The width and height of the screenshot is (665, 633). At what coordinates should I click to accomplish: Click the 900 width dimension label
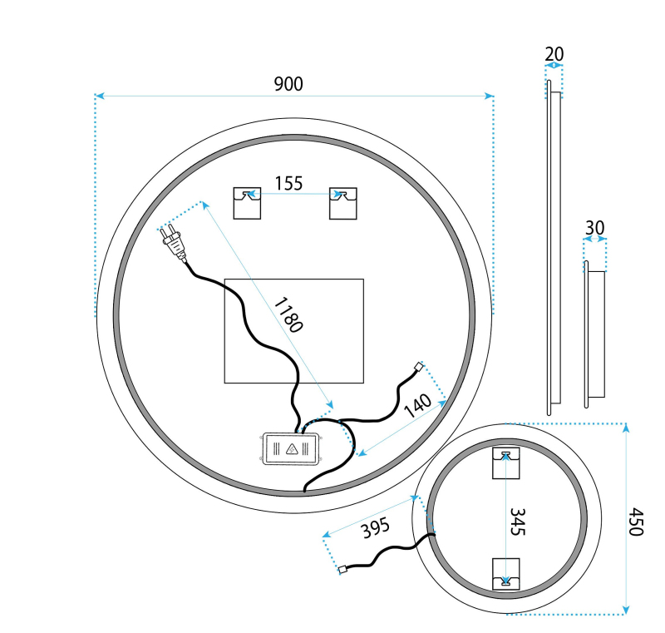click(288, 83)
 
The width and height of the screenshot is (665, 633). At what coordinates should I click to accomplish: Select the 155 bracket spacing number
click(288, 183)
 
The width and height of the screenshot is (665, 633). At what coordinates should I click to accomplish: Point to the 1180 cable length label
click(288, 314)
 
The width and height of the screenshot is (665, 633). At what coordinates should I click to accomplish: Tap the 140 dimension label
click(418, 406)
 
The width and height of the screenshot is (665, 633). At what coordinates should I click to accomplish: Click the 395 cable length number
click(376, 528)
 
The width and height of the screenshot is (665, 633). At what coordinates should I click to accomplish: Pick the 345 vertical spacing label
click(517, 522)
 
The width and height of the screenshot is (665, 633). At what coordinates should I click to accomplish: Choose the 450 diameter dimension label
click(636, 522)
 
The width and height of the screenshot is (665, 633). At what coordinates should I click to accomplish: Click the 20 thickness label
click(554, 54)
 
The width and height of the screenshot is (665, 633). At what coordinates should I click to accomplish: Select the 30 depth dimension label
click(594, 228)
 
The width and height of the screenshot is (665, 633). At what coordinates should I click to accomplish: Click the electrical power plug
click(174, 243)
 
